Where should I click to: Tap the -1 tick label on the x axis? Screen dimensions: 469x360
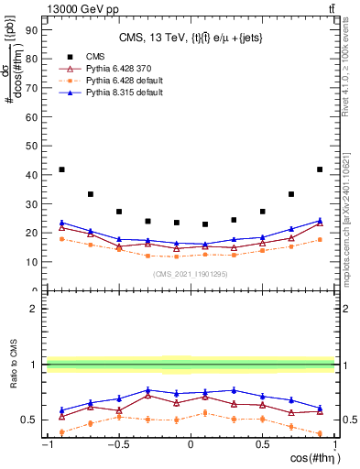pyautogui.click(x=46, y=445)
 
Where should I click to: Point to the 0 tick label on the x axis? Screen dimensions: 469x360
pyautogui.click(x=191, y=445)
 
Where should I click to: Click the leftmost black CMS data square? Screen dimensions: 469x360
pyautogui.click(x=61, y=169)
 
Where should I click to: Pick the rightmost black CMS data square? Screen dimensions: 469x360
pyautogui.click(x=320, y=169)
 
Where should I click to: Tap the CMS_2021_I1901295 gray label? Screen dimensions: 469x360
pyautogui.click(x=191, y=275)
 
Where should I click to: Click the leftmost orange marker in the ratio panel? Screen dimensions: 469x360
pyautogui.click(x=61, y=431)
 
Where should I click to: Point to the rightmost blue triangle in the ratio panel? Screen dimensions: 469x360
pyautogui.click(x=320, y=408)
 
